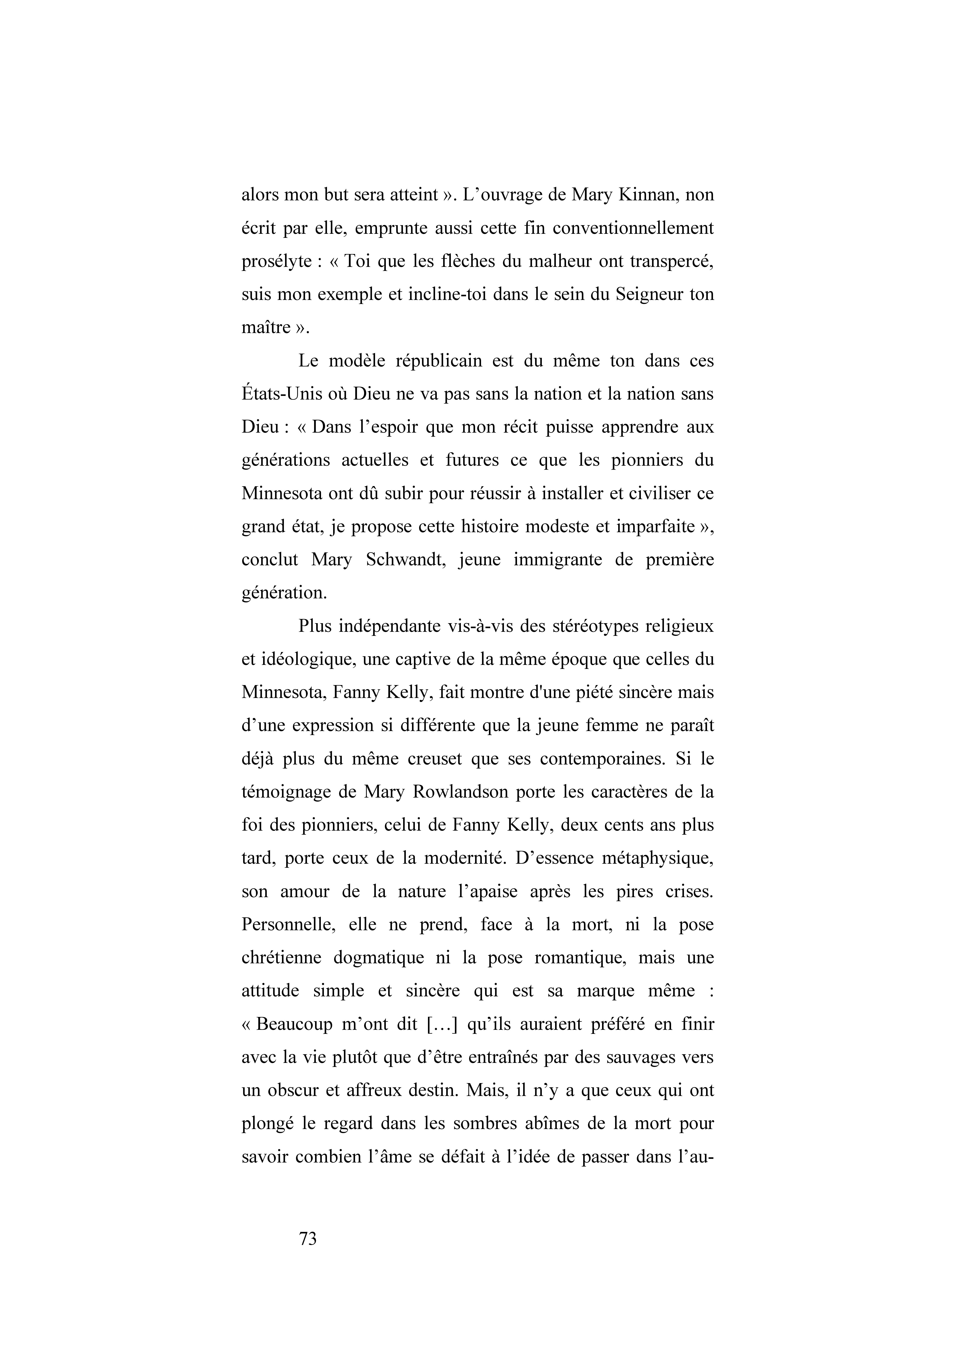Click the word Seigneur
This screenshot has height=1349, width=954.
[648, 294]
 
